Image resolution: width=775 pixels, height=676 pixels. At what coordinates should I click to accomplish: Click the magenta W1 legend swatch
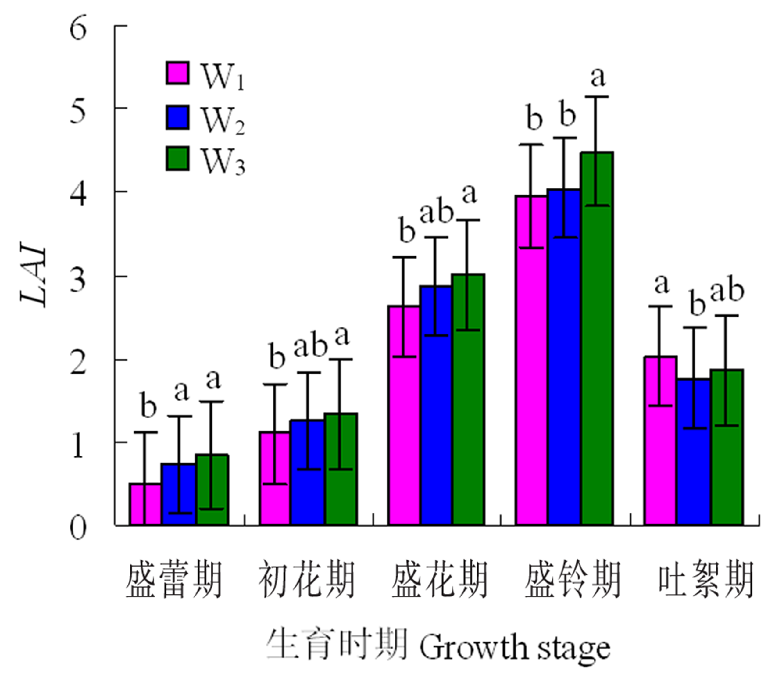tap(177, 73)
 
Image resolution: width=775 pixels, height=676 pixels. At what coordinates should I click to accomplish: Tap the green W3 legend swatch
tap(177, 159)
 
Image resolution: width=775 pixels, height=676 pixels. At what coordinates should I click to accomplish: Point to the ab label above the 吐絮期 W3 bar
tap(727, 291)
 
